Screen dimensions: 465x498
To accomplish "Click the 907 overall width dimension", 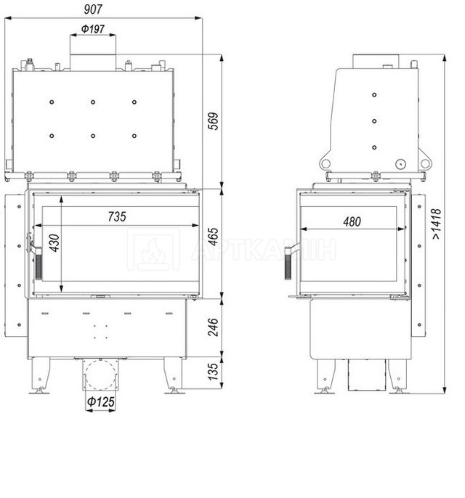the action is [93, 9].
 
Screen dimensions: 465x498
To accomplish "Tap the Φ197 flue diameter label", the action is [93, 29].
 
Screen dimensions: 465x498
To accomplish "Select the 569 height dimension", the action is [214, 121].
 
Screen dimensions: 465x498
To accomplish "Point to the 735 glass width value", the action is [117, 216].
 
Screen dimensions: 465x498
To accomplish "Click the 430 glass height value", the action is [54, 243].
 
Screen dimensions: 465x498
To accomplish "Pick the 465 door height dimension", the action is [214, 237].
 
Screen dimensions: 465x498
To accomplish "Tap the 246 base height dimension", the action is [214, 327].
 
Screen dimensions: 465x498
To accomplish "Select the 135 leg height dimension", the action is [214, 372].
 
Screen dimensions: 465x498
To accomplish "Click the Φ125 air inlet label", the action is [101, 401].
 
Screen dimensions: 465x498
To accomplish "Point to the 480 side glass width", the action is [352, 221].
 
